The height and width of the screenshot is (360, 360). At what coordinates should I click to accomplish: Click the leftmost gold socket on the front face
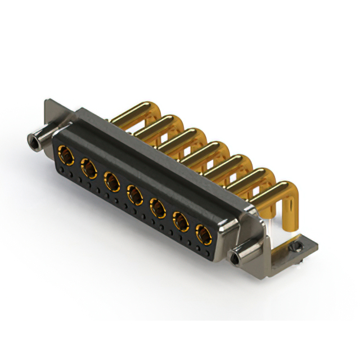coord(66,154)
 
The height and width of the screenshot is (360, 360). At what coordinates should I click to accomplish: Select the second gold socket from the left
coord(89,168)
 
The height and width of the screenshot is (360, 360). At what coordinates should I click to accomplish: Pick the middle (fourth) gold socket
coord(135,195)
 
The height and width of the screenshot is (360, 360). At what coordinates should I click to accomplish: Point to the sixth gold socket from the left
coord(181,222)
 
